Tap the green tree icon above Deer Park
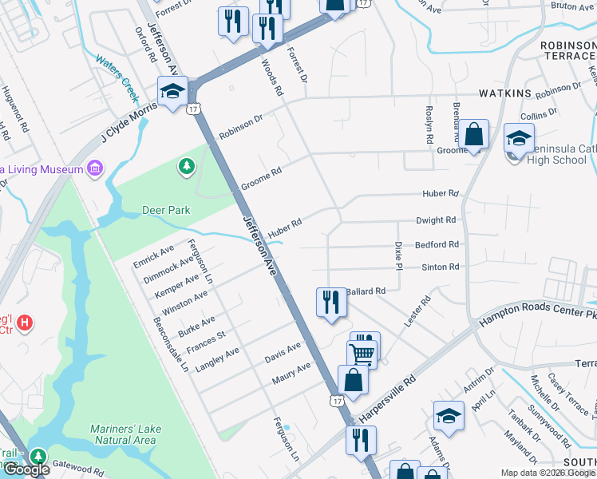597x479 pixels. point(186,166)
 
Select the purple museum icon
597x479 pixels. point(96,169)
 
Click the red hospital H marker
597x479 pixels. point(26,323)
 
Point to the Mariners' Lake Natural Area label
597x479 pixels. point(125,434)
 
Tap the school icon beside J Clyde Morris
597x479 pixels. point(172,90)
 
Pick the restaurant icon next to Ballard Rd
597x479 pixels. point(330,303)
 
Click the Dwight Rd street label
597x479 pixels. point(436,220)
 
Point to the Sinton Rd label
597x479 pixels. point(441,267)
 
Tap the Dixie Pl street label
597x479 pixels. point(398,256)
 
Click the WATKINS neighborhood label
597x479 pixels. point(504,93)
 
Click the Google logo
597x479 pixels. point(26,470)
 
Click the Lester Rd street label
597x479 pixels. point(417,311)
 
